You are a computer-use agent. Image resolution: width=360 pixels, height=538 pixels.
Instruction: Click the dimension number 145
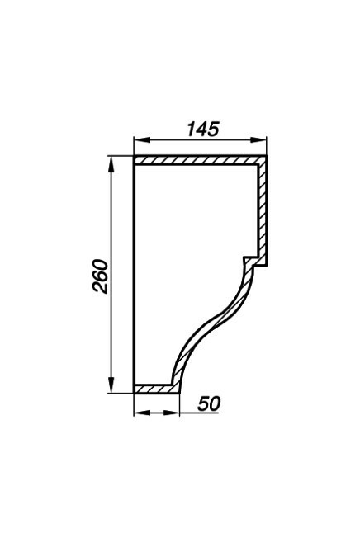pos(203,129)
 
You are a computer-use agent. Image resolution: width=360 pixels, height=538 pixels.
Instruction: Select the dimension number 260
pos(100,276)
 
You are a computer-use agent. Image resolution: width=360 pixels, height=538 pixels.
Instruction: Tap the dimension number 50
pos(209,403)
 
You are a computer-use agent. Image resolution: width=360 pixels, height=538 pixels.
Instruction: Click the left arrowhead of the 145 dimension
pos(142,140)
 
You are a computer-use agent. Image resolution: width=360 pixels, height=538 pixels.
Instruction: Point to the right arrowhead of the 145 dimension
pos(258,140)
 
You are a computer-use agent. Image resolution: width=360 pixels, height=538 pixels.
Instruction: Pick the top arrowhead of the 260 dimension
pos(111,165)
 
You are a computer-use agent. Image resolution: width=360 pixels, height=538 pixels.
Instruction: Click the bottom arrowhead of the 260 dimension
pos(111,385)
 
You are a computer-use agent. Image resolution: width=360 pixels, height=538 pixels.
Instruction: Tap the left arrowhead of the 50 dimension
pos(142,413)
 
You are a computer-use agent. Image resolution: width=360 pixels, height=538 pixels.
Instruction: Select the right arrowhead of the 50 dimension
pos(171,413)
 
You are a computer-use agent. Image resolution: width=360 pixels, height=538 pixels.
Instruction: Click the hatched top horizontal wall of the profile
pos(197,160)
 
